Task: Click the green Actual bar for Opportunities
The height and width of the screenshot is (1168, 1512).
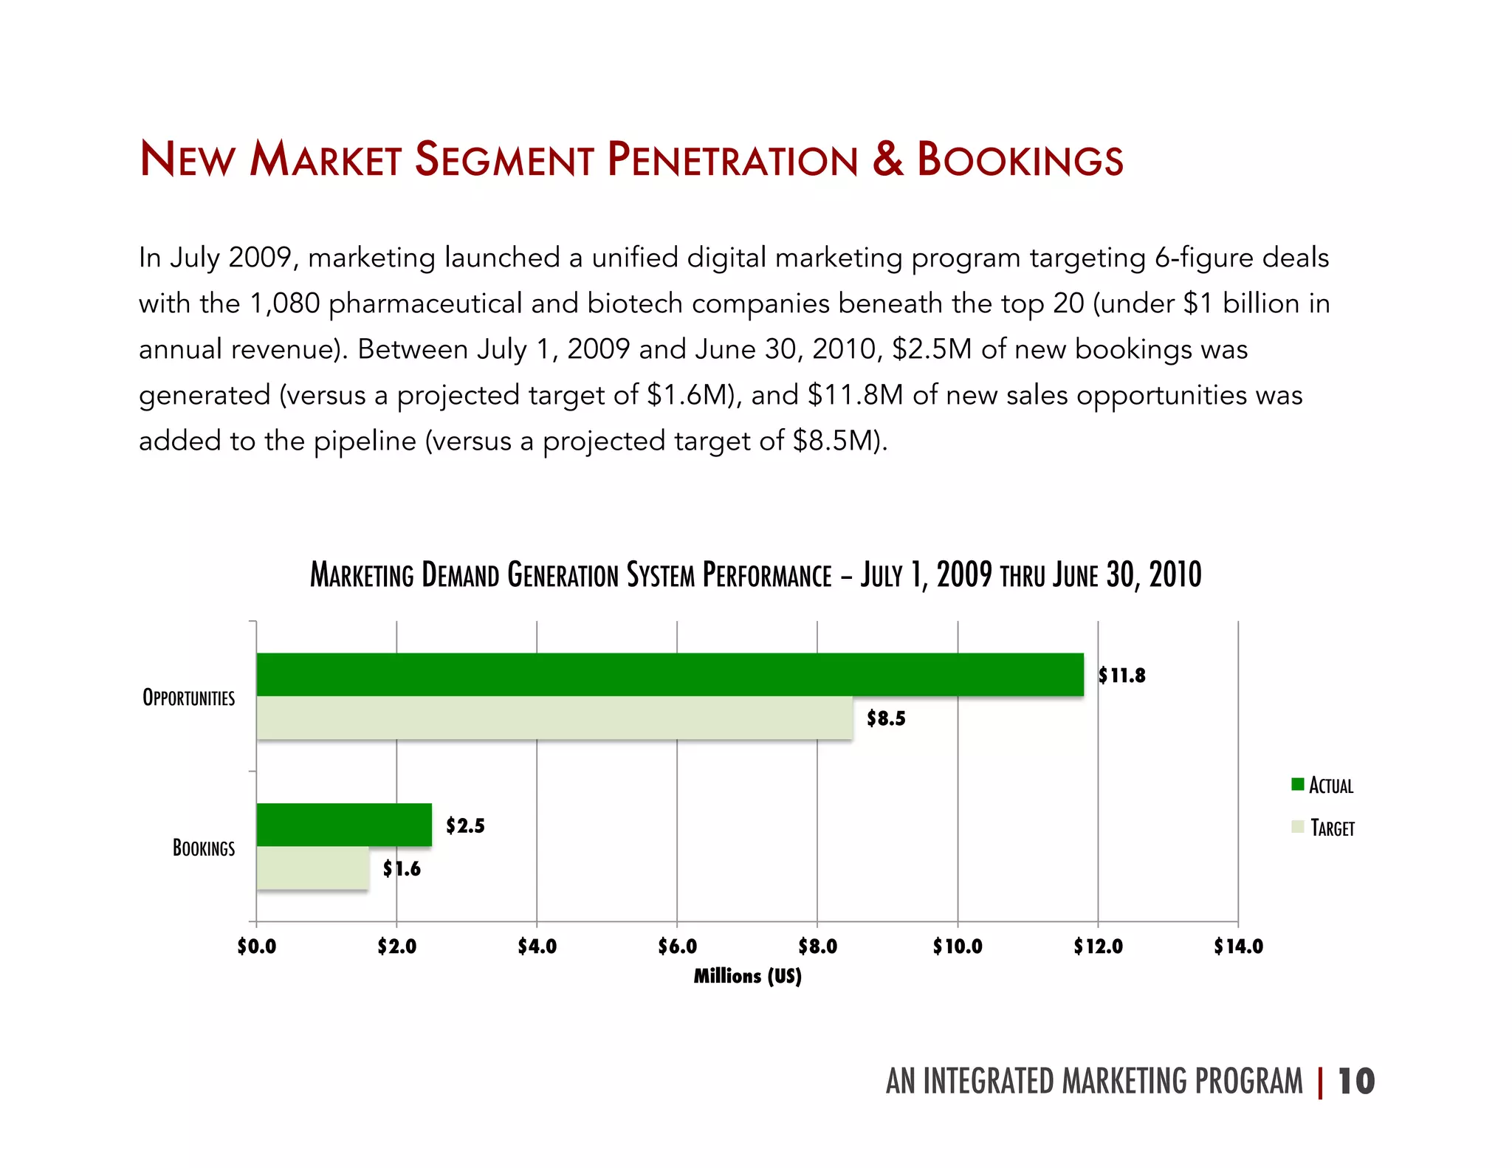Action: tap(670, 674)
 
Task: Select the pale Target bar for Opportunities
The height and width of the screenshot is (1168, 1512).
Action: tap(554, 718)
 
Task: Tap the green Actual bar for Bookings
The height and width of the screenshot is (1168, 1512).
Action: tap(344, 825)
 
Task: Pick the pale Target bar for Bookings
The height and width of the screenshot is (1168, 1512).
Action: tap(312, 868)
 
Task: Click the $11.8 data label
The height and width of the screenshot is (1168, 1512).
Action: tap(1121, 676)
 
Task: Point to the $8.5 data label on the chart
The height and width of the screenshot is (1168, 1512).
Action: tap(886, 718)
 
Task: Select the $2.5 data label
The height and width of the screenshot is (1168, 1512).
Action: tap(465, 825)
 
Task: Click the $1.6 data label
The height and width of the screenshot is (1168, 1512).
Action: tap(402, 869)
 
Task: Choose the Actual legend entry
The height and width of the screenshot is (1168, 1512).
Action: tap(1323, 785)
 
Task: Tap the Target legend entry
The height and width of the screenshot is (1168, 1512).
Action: tap(1324, 828)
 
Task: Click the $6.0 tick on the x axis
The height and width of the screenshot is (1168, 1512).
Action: tap(677, 947)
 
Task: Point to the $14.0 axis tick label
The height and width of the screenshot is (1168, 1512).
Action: tap(1238, 947)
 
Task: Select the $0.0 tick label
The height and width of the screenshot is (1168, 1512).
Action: tap(256, 947)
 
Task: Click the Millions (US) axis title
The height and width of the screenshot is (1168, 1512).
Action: tap(747, 976)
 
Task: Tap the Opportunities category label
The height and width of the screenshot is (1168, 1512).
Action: tap(189, 698)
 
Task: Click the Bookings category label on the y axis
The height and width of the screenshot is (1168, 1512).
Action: tap(204, 848)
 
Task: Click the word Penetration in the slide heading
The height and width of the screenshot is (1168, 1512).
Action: tap(733, 159)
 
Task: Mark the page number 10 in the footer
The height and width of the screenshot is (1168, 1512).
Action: tap(1356, 1082)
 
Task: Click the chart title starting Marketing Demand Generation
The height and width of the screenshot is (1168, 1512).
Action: tap(755, 575)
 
